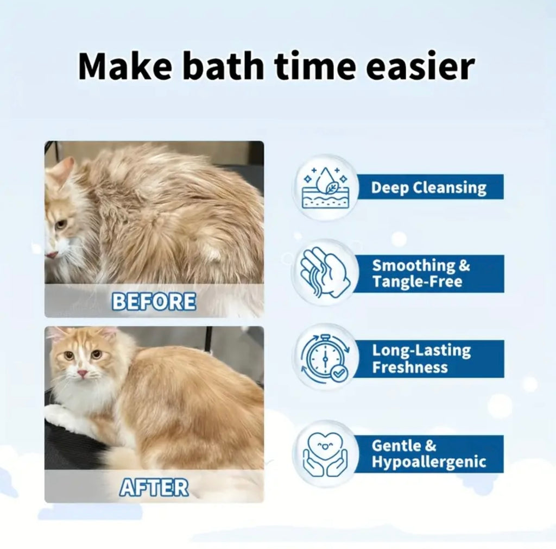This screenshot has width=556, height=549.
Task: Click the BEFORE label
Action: (154, 301)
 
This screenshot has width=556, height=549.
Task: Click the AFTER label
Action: (154, 488)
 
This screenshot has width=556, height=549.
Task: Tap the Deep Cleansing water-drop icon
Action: (325, 188)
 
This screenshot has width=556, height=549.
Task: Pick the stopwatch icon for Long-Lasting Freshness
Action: (325, 358)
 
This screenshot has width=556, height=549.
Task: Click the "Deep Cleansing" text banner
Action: (429, 188)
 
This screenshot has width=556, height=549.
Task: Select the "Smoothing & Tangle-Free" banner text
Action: (421, 273)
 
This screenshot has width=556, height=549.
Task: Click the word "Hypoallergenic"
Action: (428, 463)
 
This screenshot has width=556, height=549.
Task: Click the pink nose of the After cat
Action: (82, 374)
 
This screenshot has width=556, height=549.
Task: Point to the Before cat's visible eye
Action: (61, 223)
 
